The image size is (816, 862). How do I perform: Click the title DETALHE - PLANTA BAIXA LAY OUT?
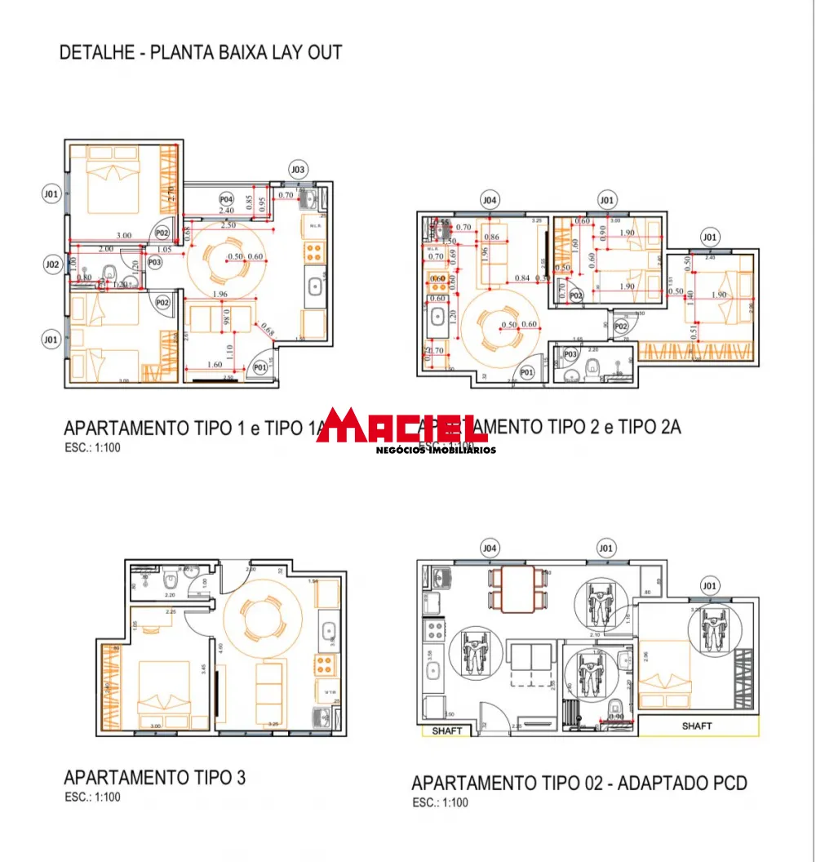coord(201,53)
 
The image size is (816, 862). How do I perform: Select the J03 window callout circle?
coord(298,170)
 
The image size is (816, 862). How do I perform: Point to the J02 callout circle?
coord(52,264)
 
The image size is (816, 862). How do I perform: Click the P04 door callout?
coord(226,199)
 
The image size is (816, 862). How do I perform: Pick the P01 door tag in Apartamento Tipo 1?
coord(259,368)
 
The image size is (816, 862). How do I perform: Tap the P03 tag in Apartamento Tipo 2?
coord(570,354)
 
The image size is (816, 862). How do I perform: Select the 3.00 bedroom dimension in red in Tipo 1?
coord(123,236)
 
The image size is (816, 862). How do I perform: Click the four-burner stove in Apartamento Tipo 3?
coord(326,663)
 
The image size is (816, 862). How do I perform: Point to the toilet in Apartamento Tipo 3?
coord(171,580)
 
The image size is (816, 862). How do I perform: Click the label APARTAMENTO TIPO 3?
coord(154,777)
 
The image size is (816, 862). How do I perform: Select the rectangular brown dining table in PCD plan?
coord(517,589)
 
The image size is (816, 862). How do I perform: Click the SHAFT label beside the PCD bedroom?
coord(697,726)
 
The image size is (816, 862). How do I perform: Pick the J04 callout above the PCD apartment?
coord(490,548)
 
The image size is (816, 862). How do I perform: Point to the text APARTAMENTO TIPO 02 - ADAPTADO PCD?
coord(579,784)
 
